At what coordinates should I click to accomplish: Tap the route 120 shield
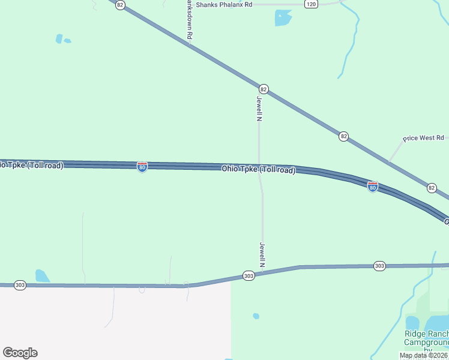click(x=310, y=4)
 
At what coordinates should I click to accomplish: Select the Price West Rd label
click(x=423, y=138)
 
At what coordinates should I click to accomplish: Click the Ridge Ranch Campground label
click(x=426, y=338)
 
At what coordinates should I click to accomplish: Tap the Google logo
click(x=20, y=353)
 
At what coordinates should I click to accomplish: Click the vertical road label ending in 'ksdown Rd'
click(x=189, y=20)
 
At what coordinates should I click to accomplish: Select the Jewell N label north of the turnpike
click(x=260, y=109)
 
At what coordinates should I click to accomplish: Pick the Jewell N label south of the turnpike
click(x=262, y=254)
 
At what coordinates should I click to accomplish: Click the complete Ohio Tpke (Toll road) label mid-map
click(x=259, y=169)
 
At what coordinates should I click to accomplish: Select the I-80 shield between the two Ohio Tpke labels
click(x=142, y=167)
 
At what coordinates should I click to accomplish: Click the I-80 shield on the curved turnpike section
click(x=373, y=187)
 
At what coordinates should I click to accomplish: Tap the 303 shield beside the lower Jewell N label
click(x=249, y=275)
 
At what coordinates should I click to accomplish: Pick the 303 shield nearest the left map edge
click(x=20, y=285)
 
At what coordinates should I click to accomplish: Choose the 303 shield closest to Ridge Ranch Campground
click(x=379, y=265)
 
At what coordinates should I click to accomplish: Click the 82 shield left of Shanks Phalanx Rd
click(x=121, y=5)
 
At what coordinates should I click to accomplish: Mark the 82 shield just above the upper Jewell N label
click(x=264, y=89)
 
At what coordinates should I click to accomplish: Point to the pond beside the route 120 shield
click(x=283, y=18)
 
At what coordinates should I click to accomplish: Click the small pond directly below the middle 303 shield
click(x=256, y=316)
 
